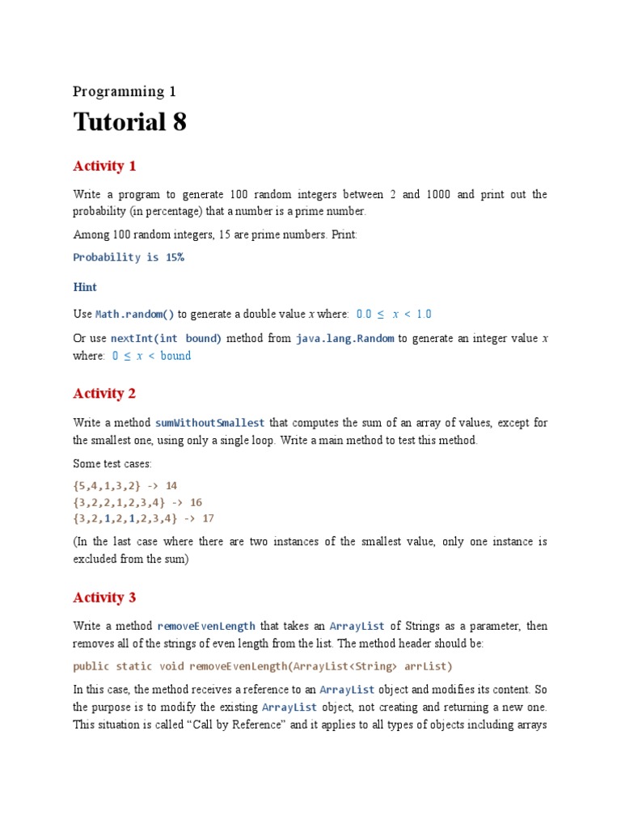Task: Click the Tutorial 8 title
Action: coord(130,122)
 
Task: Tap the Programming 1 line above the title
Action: coord(125,91)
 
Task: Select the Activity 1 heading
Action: coord(104,167)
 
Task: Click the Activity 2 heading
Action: coord(104,394)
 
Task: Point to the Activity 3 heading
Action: coord(104,598)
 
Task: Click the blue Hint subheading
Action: coord(85,287)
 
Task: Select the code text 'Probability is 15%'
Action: coord(129,257)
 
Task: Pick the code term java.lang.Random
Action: coord(345,338)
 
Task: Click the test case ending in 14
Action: coord(125,486)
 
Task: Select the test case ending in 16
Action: coord(137,502)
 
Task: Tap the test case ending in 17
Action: coord(144,518)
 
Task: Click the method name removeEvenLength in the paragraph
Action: coord(207,626)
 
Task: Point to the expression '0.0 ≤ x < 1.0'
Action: coord(394,314)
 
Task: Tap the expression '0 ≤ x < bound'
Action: coord(152,356)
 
